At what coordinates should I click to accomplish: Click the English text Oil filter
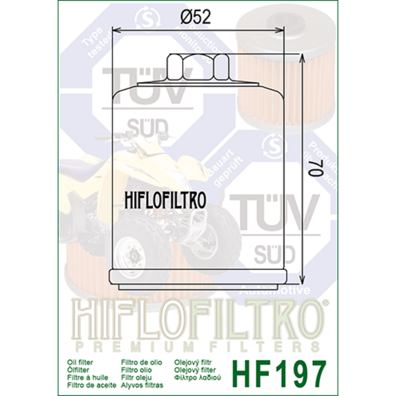click(80, 362)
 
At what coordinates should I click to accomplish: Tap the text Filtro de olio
click(142, 362)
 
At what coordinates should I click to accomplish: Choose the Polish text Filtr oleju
click(137, 377)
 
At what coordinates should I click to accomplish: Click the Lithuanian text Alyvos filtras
click(142, 385)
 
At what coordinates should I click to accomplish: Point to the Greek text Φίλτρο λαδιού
click(201, 377)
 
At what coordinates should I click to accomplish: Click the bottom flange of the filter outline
click(199, 276)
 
